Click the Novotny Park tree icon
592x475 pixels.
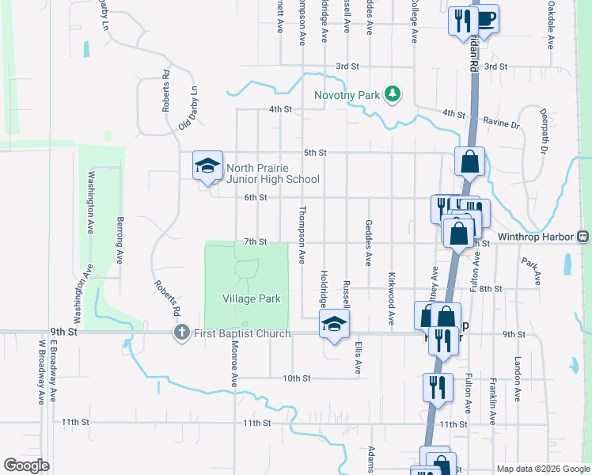[392, 95]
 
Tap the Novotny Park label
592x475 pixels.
[347, 95]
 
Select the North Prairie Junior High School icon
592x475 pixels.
[208, 165]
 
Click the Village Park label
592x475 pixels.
[253, 299]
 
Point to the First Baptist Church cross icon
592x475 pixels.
[181, 333]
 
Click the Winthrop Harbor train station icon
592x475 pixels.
[583, 236]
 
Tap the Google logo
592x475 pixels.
[26, 465]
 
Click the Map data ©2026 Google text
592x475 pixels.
[542, 469]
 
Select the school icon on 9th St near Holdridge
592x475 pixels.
[334, 323]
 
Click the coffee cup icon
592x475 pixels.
[485, 19]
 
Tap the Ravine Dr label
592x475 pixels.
[504, 124]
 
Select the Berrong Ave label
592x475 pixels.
[120, 239]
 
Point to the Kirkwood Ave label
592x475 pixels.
[392, 291]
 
